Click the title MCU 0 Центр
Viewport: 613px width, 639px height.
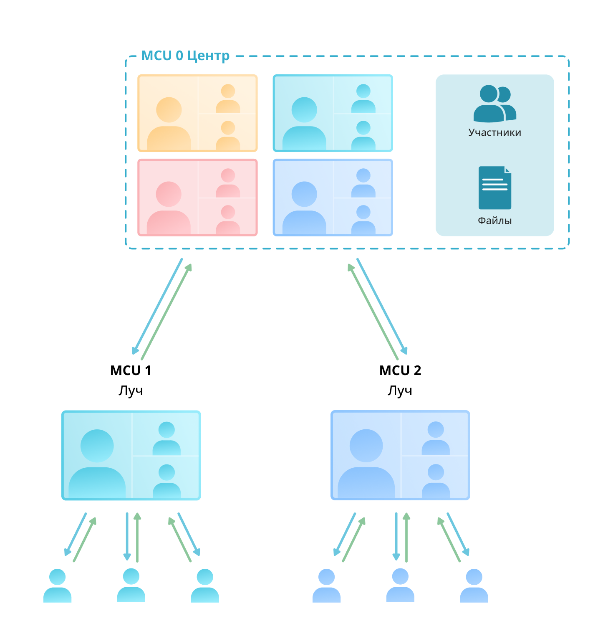click(185, 56)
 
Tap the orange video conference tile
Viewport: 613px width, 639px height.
click(197, 113)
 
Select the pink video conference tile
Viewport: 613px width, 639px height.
click(197, 198)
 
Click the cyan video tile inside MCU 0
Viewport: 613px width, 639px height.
click(333, 113)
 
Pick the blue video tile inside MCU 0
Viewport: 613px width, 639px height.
click(333, 198)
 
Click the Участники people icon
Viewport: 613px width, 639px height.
click(494, 103)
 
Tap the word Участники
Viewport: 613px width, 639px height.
click(494, 132)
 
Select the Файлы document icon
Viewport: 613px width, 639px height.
click(494, 188)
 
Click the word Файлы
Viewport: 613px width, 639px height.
click(494, 221)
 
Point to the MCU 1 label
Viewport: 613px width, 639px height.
click(131, 370)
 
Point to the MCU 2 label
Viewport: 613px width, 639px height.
click(400, 370)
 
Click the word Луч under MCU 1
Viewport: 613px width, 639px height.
click(131, 390)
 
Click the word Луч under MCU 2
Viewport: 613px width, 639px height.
click(400, 390)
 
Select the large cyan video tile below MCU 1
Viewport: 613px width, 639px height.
click(131, 455)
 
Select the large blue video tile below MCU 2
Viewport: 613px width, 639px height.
click(400, 455)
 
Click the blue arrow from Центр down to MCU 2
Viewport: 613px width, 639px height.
click(381, 306)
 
